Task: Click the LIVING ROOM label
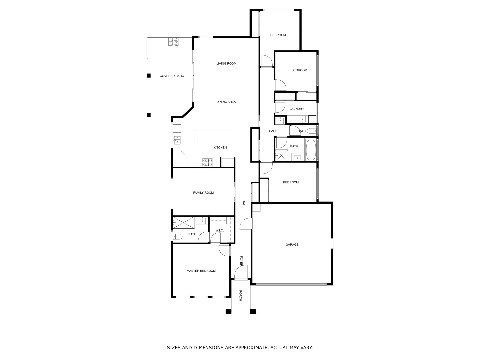(226, 64)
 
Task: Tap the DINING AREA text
(226, 102)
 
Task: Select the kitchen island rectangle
(214, 136)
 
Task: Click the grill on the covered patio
(173, 42)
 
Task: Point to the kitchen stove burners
(207, 163)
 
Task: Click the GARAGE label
(292, 245)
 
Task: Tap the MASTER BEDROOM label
(201, 271)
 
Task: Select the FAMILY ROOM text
(203, 193)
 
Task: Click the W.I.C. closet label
(219, 231)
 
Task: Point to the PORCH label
(240, 296)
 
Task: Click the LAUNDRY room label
(297, 109)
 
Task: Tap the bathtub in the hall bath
(312, 150)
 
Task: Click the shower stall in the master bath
(183, 222)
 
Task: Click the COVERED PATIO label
(172, 76)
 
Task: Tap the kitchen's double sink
(177, 140)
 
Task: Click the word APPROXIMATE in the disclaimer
(247, 348)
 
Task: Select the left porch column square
(228, 312)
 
